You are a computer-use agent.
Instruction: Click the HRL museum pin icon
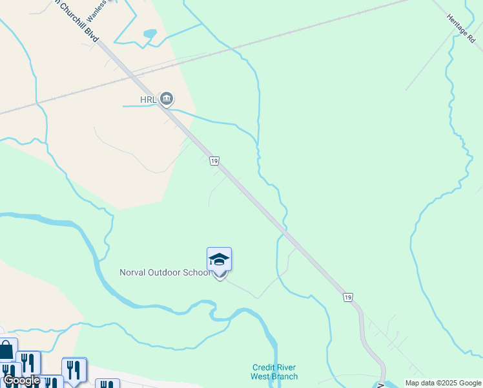coord(167,99)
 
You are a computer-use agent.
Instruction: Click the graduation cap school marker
coord(219,259)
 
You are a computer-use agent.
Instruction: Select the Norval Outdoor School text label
coord(165,272)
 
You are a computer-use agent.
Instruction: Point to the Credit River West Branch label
coord(274,372)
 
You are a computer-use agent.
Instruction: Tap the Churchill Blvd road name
coord(77,20)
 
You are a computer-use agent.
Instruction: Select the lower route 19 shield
coord(348,297)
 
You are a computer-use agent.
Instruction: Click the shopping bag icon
coord(7,350)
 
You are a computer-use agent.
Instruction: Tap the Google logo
coord(21,381)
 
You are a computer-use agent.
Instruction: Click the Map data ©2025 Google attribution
coord(442,383)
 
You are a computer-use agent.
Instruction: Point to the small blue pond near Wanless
coord(150,33)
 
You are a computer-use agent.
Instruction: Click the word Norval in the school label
coord(133,272)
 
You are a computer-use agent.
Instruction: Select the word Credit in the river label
coord(263,367)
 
